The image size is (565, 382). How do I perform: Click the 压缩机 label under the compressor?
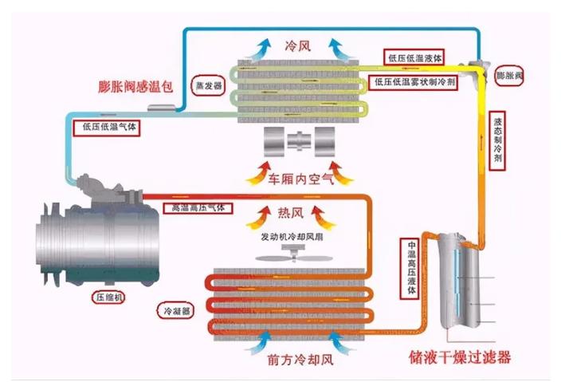click(108, 297)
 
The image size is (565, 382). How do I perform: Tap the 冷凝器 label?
click(176, 310)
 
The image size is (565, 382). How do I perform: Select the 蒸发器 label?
click(208, 85)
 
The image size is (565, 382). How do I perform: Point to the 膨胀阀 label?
click(509, 76)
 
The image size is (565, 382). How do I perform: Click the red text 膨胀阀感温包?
click(135, 87)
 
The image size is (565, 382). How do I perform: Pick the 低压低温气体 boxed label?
click(106, 128)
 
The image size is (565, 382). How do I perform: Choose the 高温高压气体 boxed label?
click(198, 208)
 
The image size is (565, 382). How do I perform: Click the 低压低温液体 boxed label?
click(414, 57)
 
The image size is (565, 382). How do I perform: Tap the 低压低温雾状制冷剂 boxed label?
click(414, 82)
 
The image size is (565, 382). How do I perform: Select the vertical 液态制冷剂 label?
click(497, 140)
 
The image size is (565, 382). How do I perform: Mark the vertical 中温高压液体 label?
click(410, 268)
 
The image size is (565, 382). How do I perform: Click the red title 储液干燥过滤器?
click(460, 357)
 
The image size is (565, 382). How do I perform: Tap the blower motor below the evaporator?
click(299, 141)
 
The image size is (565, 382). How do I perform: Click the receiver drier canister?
click(459, 281)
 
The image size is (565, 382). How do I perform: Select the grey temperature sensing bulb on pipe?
click(162, 108)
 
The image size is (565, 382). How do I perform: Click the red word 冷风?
click(297, 46)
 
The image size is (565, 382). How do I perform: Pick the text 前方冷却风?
click(300, 360)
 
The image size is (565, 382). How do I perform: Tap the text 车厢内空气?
click(300, 179)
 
